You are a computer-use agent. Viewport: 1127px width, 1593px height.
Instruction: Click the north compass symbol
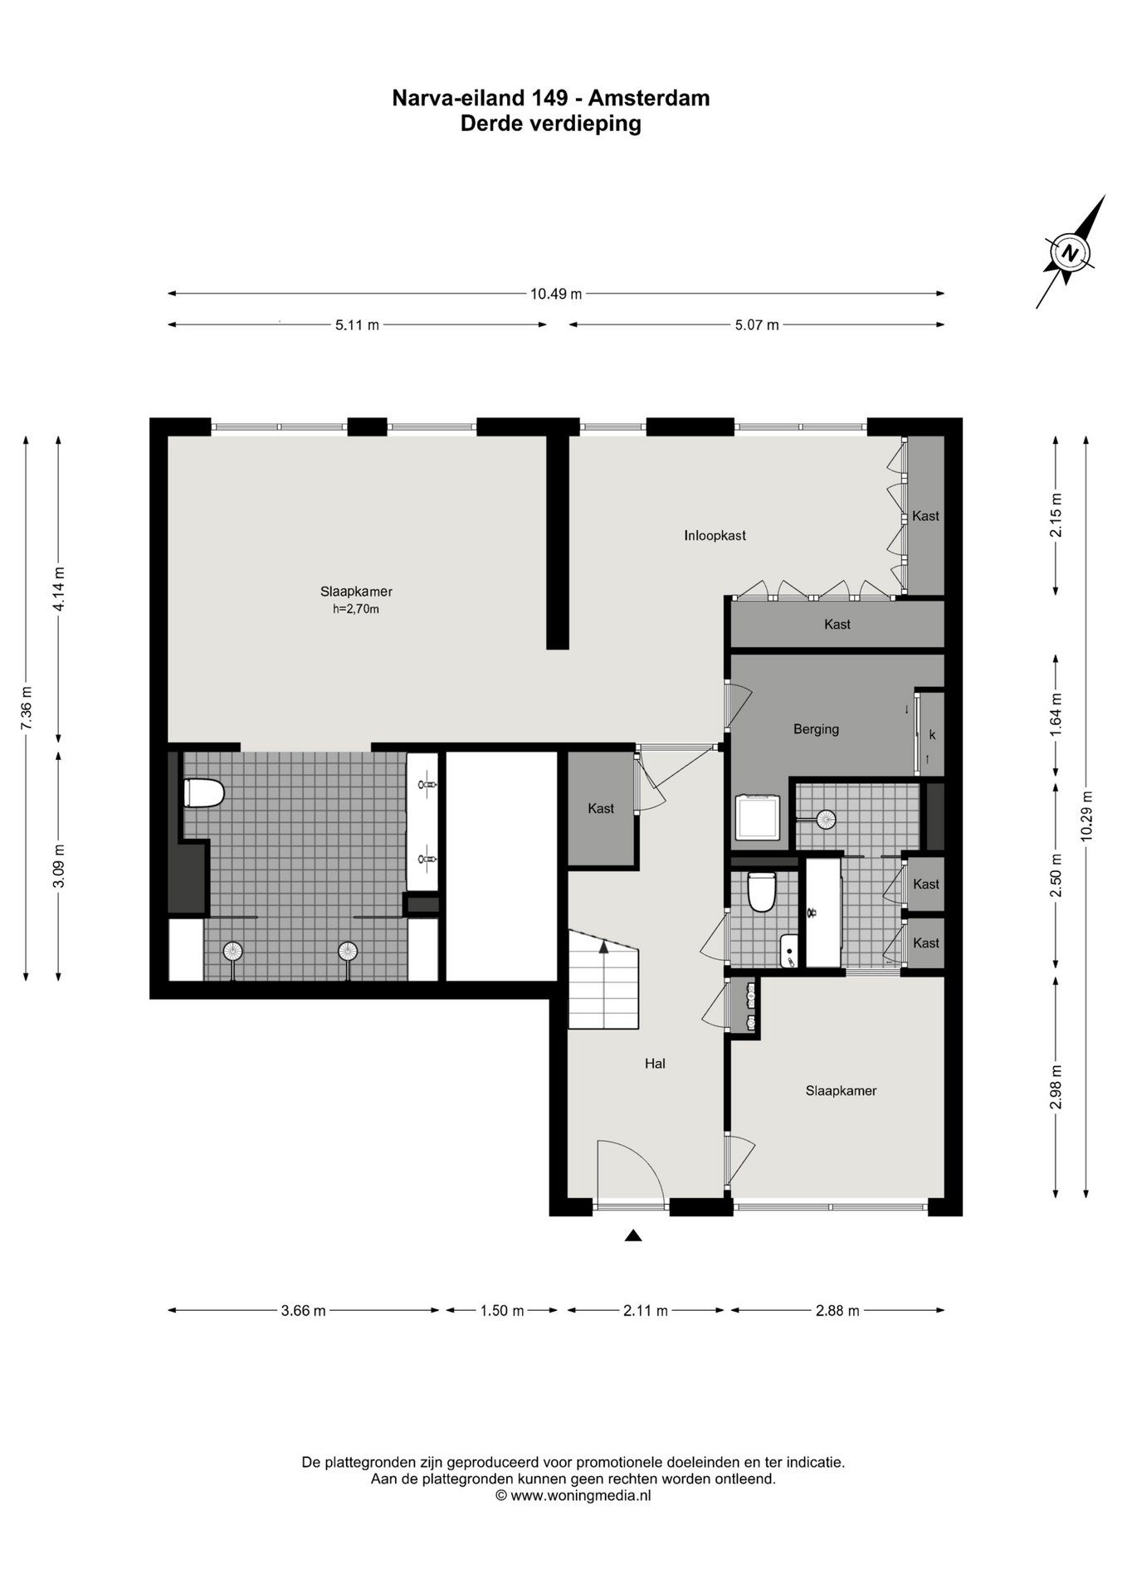pyautogui.click(x=1071, y=252)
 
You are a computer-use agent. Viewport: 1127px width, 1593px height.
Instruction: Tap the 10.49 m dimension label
pyautogui.click(x=556, y=293)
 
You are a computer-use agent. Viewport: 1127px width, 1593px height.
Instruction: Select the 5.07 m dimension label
pyautogui.click(x=757, y=325)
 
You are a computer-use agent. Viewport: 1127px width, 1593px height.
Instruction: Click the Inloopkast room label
pyautogui.click(x=715, y=536)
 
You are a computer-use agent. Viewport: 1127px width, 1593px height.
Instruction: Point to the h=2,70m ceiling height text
pyautogui.click(x=356, y=609)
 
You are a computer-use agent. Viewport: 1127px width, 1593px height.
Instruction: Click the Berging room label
pyautogui.click(x=816, y=729)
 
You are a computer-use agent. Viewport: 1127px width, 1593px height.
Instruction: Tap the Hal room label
pyautogui.click(x=655, y=1064)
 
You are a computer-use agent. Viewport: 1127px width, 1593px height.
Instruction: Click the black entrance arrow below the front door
pyautogui.click(x=633, y=1235)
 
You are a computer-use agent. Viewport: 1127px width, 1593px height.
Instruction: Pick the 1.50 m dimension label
pyautogui.click(x=502, y=1311)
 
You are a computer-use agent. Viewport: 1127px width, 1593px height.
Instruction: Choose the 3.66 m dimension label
pyautogui.click(x=303, y=1311)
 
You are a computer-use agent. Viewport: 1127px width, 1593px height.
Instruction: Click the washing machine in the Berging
pyautogui.click(x=758, y=817)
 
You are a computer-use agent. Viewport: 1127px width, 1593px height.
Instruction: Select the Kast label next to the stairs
pyautogui.click(x=601, y=808)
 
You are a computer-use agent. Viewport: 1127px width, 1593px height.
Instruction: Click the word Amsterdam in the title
pyautogui.click(x=649, y=98)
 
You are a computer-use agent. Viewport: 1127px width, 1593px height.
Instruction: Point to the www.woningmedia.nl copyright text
pyautogui.click(x=573, y=1496)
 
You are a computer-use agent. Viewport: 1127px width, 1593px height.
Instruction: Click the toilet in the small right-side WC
pyautogui.click(x=761, y=891)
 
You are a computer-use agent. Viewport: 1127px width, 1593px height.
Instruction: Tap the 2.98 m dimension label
pyautogui.click(x=1056, y=1087)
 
